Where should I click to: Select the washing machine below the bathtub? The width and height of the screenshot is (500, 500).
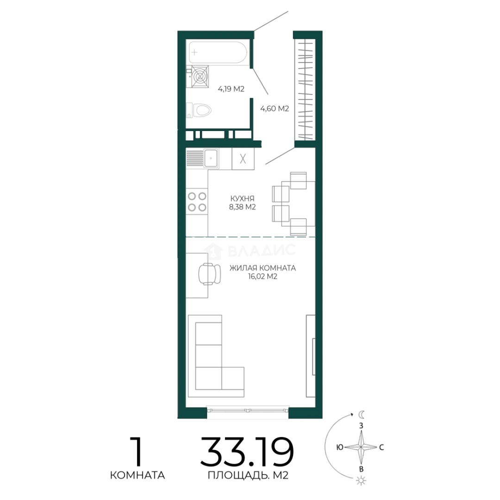pos(198,76)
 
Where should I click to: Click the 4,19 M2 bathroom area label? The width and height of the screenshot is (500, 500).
pos(231,88)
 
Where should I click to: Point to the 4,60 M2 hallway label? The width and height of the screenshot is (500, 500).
pos(275,109)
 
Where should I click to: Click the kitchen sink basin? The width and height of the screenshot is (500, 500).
pos(211,158)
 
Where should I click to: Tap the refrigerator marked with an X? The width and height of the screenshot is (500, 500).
pos(243,158)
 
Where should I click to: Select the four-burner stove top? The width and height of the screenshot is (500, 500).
pos(197,201)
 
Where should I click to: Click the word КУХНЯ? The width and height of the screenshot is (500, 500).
pos(242,198)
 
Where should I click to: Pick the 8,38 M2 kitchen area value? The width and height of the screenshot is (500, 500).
pos(242,207)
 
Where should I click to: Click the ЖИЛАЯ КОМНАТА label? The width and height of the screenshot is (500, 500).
pos(263,268)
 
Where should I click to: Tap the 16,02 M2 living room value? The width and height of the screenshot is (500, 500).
pos(263,276)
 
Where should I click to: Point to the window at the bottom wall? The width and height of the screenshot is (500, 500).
pos(248,410)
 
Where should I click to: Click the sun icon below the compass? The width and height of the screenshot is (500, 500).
pos(361,481)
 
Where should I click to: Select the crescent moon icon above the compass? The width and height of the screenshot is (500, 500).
pos(362,414)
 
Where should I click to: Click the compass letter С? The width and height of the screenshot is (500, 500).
pos(381,447)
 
